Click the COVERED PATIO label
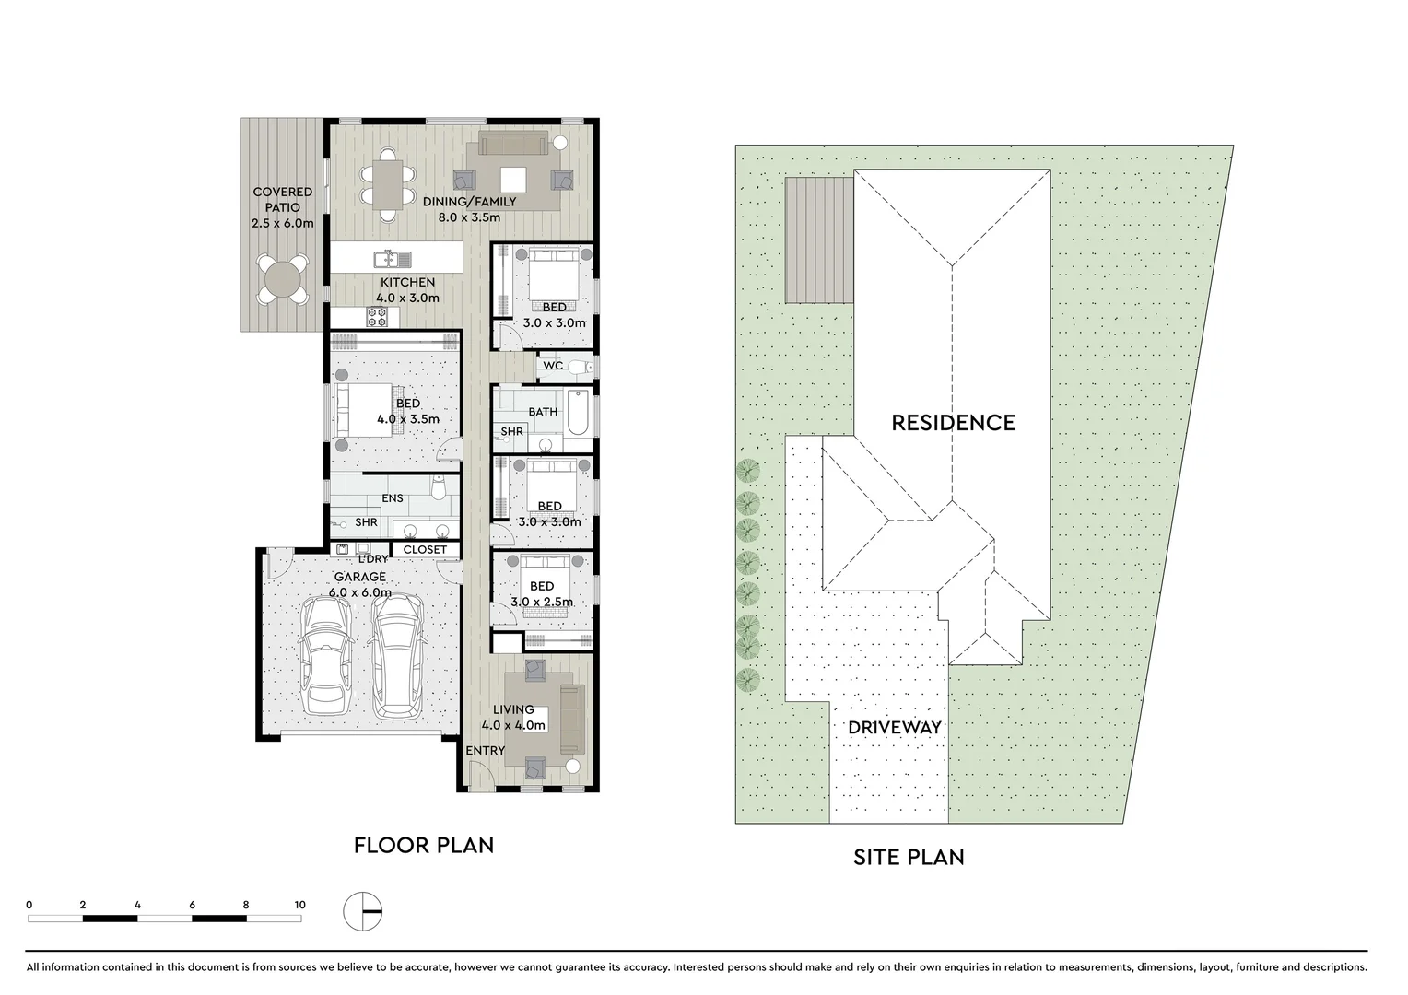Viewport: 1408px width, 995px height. (282, 207)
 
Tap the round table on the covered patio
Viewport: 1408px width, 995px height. (282, 278)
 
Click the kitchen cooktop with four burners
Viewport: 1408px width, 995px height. (378, 317)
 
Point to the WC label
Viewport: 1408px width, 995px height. (553, 366)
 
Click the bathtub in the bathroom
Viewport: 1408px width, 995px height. (576, 414)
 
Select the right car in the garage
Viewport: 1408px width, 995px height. (398, 652)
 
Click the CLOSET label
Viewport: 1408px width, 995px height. (425, 550)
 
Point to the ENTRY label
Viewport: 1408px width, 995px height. (485, 751)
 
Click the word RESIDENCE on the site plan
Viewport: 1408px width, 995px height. (953, 423)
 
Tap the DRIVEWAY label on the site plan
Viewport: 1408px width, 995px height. (895, 727)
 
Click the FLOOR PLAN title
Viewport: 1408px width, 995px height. (424, 845)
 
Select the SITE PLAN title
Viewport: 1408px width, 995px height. (909, 857)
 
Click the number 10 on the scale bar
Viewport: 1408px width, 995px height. (299, 905)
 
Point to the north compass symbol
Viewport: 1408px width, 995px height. (362, 911)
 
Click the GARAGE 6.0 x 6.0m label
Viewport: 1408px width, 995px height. (361, 584)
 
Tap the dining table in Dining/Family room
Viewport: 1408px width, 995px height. (388, 183)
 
